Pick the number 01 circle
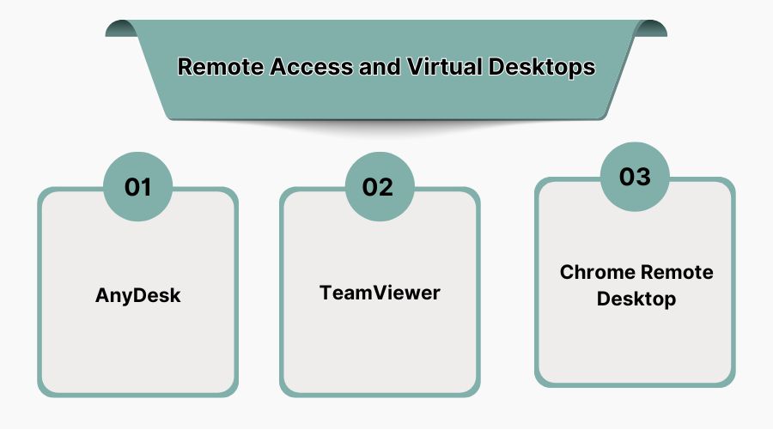[x=137, y=186]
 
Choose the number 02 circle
[x=379, y=186]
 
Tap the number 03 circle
[x=635, y=177]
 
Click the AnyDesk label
[x=137, y=296]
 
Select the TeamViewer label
[x=380, y=293]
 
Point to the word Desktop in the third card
[x=636, y=299]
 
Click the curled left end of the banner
[x=120, y=30]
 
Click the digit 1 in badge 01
[x=146, y=186]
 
